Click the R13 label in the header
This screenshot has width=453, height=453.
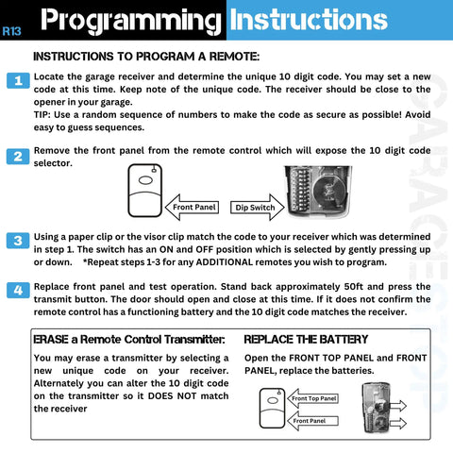click(12, 30)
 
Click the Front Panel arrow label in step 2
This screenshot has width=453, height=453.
click(194, 206)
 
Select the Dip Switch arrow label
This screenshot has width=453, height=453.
click(254, 206)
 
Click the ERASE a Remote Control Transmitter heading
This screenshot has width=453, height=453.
click(128, 339)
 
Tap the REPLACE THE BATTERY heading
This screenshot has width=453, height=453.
click(306, 339)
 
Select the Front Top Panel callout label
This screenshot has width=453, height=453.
click(314, 399)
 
